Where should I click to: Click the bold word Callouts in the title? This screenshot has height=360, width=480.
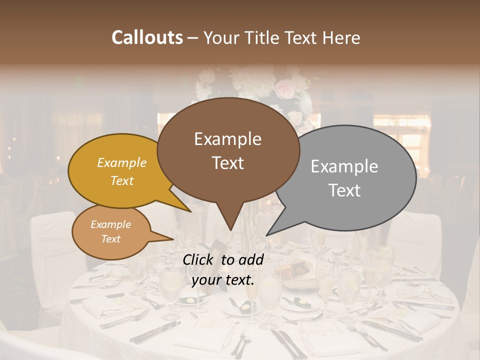[147, 37]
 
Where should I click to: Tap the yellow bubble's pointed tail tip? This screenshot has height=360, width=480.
[189, 211]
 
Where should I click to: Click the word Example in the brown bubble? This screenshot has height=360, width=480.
[227, 139]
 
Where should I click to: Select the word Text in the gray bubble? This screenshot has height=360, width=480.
[344, 190]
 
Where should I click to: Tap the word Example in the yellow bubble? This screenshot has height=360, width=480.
[121, 162]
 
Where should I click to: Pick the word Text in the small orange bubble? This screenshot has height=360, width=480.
[110, 239]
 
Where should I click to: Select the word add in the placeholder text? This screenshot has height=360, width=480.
[251, 259]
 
